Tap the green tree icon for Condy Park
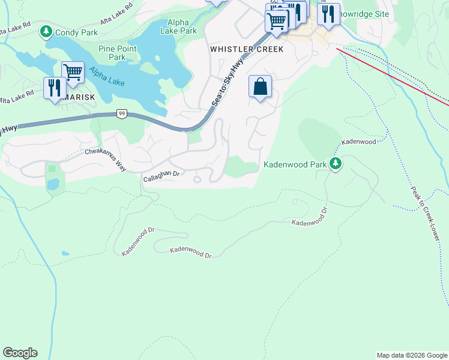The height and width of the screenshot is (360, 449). pyautogui.click(x=46, y=30)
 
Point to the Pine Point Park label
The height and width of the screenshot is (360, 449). pyautogui.click(x=112, y=53)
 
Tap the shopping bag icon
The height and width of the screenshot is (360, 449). pyautogui.click(x=260, y=86)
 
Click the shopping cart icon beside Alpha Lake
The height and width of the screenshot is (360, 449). pyautogui.click(x=73, y=72)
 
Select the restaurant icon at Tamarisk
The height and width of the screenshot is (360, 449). pyautogui.click(x=54, y=88)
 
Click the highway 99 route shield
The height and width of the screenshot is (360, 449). pyautogui.click(x=122, y=113)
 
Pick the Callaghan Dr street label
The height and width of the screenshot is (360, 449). pyautogui.click(x=162, y=176)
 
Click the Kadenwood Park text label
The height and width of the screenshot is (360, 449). pyautogui.click(x=295, y=164)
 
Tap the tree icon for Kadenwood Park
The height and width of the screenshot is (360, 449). pyautogui.click(x=336, y=163)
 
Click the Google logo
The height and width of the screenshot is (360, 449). pyautogui.click(x=20, y=353)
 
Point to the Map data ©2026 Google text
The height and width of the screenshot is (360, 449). pyautogui.click(x=411, y=355)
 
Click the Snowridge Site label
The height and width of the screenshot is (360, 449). pyautogui.click(x=363, y=14)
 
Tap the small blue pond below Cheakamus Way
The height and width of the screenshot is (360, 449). pyautogui.click(x=53, y=184)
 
